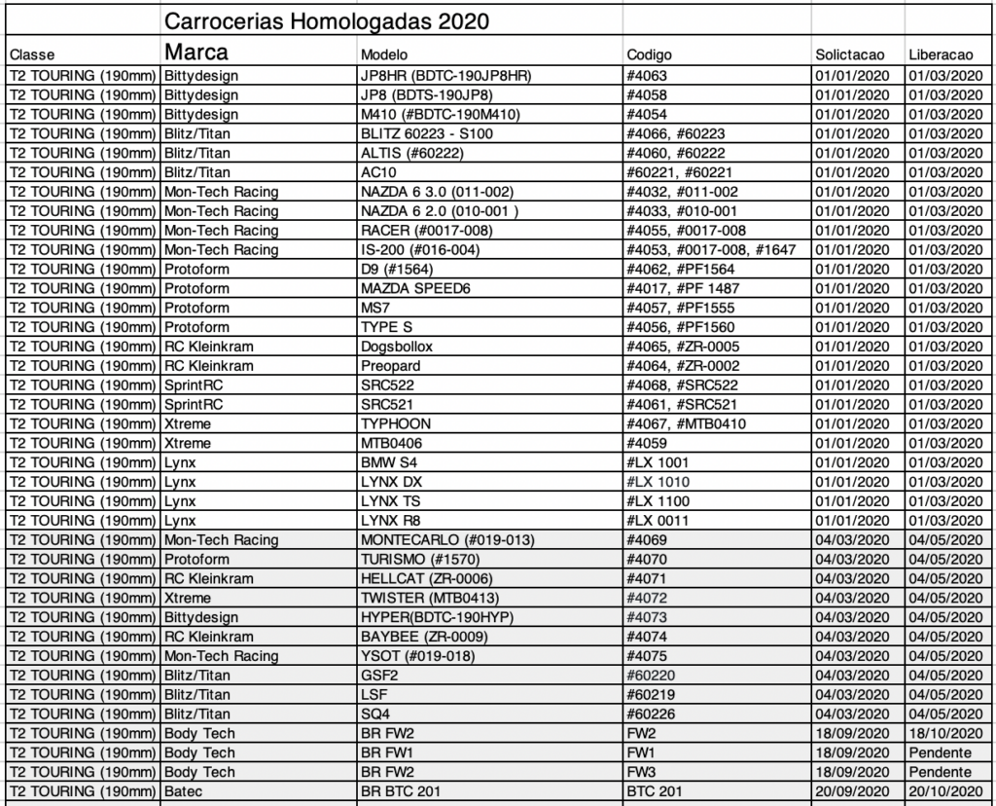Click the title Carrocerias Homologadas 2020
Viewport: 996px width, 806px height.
(x=326, y=21)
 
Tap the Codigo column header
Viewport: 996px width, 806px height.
(x=649, y=55)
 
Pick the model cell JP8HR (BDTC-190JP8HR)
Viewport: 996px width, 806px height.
(x=445, y=75)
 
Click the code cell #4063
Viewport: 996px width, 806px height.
(x=648, y=75)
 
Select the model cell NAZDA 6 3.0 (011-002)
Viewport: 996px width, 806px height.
(x=437, y=192)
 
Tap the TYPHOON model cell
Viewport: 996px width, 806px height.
(x=396, y=423)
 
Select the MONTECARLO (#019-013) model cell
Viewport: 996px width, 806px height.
(x=447, y=540)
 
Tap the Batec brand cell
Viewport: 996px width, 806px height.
(x=185, y=791)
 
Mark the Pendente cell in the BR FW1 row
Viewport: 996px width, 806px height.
(x=940, y=752)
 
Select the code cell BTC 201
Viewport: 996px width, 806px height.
(x=655, y=791)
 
